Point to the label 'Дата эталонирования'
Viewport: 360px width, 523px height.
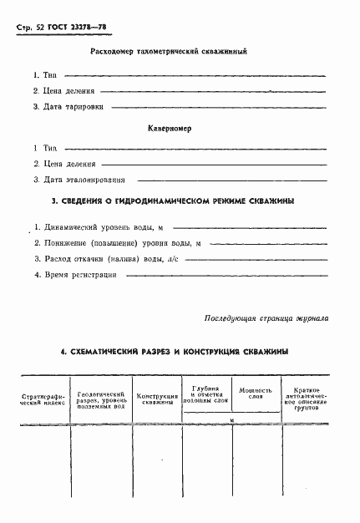(x=83, y=179)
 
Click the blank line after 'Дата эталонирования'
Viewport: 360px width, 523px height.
(x=229, y=180)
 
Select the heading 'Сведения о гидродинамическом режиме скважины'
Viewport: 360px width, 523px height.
(x=172, y=201)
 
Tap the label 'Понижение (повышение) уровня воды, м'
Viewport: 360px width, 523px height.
(x=117, y=243)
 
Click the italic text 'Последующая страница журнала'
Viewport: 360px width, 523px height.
(x=266, y=318)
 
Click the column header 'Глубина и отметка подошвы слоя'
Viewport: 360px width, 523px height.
(x=205, y=394)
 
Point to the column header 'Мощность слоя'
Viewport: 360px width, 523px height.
(x=256, y=394)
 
